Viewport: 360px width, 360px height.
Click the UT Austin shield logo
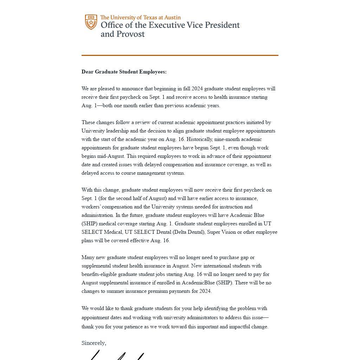coord(91,22)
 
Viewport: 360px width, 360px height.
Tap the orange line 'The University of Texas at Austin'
coord(140,17)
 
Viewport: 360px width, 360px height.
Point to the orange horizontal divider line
coord(180,55)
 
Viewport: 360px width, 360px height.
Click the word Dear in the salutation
coord(88,72)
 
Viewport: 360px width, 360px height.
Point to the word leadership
coord(119,131)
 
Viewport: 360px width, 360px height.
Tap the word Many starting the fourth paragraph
coord(88,257)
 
